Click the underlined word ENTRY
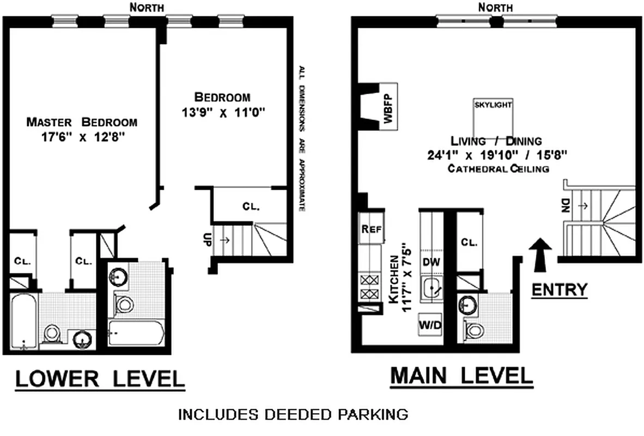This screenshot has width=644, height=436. pyautogui.click(x=560, y=289)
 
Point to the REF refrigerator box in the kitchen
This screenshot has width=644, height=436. pyautogui.click(x=370, y=229)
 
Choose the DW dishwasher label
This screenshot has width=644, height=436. pyautogui.click(x=431, y=262)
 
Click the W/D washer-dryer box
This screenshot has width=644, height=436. pyautogui.click(x=430, y=325)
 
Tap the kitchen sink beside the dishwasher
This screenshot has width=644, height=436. pyautogui.click(x=432, y=288)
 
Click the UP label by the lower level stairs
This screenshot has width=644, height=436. pyautogui.click(x=206, y=240)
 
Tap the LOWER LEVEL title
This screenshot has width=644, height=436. pyautogui.click(x=99, y=380)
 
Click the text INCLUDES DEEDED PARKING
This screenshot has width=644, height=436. pyautogui.click(x=293, y=415)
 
